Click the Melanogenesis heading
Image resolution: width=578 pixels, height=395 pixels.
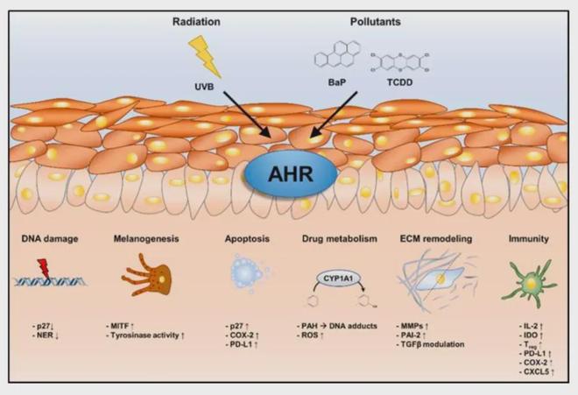[146, 236]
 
